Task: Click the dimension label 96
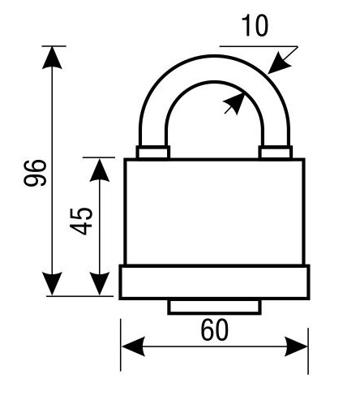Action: (x=35, y=173)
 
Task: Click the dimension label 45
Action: (x=81, y=221)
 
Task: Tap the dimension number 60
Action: (x=215, y=330)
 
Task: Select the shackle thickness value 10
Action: (x=255, y=25)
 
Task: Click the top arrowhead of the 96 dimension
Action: (x=52, y=58)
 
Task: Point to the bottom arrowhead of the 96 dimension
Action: (x=52, y=284)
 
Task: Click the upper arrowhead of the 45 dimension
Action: (x=100, y=170)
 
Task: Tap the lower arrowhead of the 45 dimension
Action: (x=100, y=284)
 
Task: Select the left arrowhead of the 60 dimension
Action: (x=134, y=346)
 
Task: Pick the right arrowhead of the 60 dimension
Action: (x=296, y=346)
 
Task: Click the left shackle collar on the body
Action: (x=153, y=152)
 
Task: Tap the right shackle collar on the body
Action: (x=276, y=152)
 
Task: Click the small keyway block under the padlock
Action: (x=215, y=307)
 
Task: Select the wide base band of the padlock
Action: (x=215, y=282)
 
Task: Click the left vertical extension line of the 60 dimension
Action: (x=121, y=345)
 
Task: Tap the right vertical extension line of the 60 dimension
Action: (x=308, y=351)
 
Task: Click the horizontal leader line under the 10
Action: (x=259, y=46)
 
